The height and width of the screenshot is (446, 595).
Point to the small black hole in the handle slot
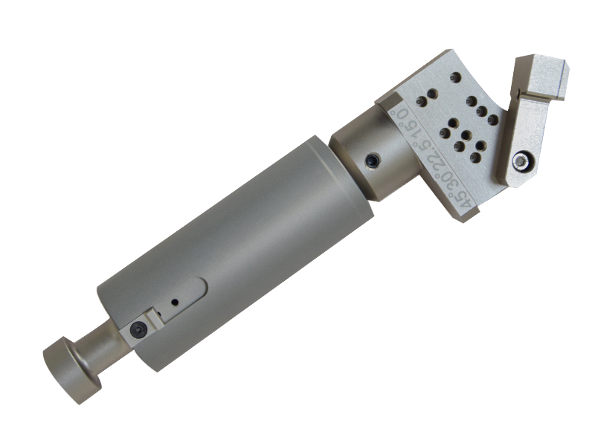175,303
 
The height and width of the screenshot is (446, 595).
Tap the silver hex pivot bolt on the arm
521,160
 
